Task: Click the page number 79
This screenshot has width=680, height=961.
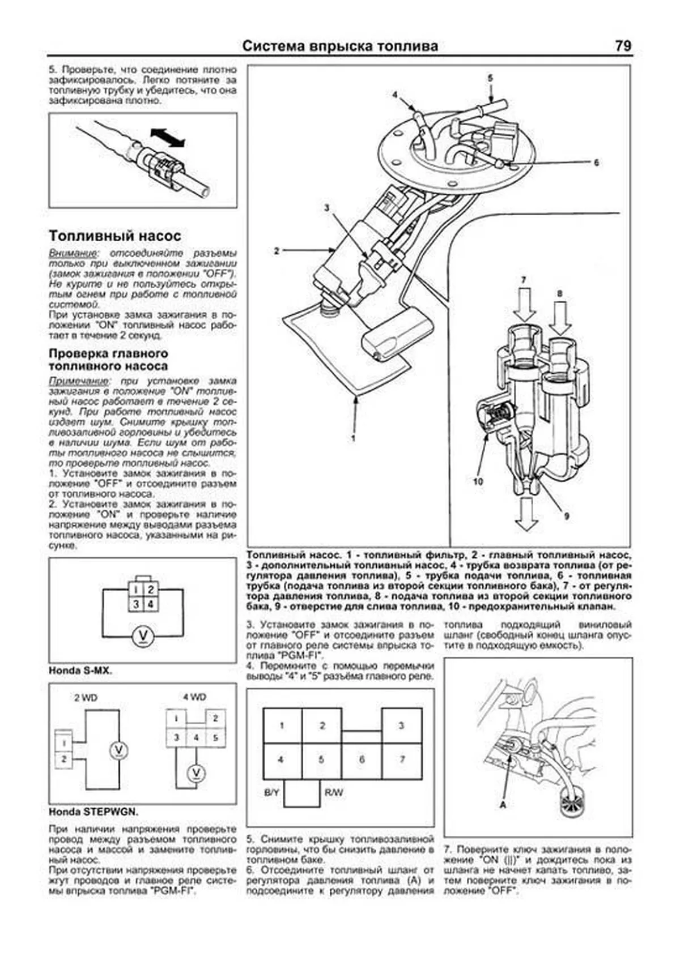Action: tap(623, 46)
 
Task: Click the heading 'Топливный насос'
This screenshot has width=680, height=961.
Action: tap(114, 236)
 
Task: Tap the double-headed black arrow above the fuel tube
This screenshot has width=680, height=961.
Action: tap(168, 138)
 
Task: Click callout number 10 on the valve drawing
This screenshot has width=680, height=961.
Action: tap(478, 481)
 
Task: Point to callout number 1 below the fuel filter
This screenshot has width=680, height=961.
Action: tap(352, 438)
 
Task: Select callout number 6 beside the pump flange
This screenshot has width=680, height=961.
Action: tap(596, 163)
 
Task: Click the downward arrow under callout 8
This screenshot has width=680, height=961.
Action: tap(560, 318)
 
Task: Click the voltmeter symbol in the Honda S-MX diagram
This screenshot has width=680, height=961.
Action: tap(143, 637)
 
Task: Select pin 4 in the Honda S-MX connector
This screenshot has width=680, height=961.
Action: tap(150, 604)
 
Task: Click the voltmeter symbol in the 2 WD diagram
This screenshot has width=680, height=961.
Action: tap(119, 750)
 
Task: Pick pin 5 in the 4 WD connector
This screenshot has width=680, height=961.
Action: tap(215, 737)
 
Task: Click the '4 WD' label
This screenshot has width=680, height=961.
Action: tap(194, 697)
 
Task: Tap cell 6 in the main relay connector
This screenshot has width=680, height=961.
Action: tap(362, 759)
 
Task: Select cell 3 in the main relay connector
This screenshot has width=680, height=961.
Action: tap(401, 725)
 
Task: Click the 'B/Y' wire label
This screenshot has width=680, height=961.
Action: tap(271, 792)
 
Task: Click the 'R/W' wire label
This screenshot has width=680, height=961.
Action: tap(334, 792)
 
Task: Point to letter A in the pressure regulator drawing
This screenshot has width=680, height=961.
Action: tap(503, 804)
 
